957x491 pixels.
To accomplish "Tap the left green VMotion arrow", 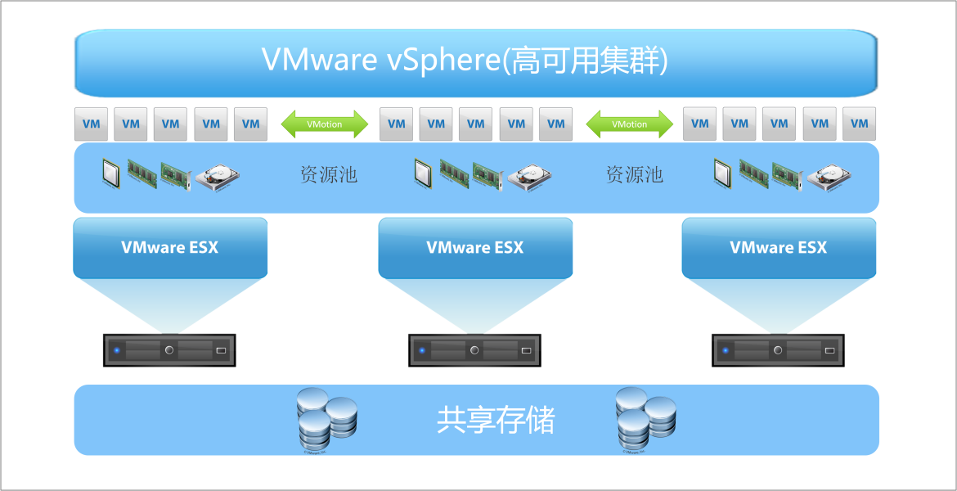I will (325, 124).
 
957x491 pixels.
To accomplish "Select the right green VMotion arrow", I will (629, 124).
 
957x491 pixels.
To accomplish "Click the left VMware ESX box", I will (170, 247).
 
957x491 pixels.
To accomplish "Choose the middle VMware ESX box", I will (475, 247).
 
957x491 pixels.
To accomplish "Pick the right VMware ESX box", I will (779, 247).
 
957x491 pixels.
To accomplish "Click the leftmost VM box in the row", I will (92, 124).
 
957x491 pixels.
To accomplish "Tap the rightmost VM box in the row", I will (859, 124).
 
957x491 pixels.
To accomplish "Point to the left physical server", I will (170, 350).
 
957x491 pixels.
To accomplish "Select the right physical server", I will (779, 350).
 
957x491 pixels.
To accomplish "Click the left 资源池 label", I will (328, 174).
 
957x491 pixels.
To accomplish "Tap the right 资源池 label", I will (634, 174).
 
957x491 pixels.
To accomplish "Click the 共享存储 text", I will (496, 421).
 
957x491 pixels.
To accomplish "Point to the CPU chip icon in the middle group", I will (423, 173).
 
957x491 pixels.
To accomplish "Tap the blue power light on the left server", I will (117, 350).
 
